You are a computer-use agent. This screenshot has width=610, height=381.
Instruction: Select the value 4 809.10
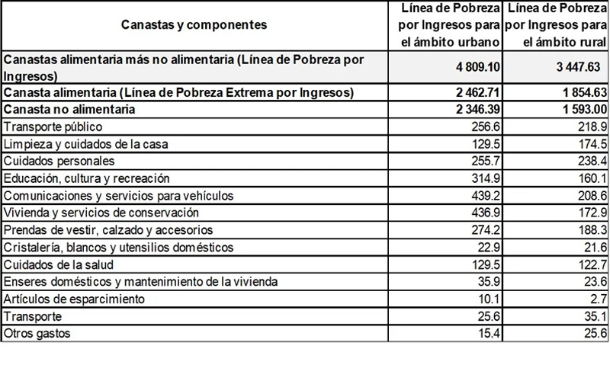pos(477,67)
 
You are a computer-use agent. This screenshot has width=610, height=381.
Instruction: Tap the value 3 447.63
pos(580,67)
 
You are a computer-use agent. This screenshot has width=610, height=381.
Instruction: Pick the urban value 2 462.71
pos(477,93)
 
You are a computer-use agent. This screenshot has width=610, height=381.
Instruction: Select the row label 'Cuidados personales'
pos(59,161)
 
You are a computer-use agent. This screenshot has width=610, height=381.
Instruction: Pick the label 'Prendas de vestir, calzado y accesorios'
pos(108,229)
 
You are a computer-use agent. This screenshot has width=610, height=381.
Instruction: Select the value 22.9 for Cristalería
pos(490,247)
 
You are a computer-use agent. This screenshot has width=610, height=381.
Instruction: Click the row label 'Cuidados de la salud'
pos(59,264)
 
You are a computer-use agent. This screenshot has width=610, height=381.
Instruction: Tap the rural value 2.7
pos(598,299)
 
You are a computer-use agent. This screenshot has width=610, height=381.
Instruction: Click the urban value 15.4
pos(490,333)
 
